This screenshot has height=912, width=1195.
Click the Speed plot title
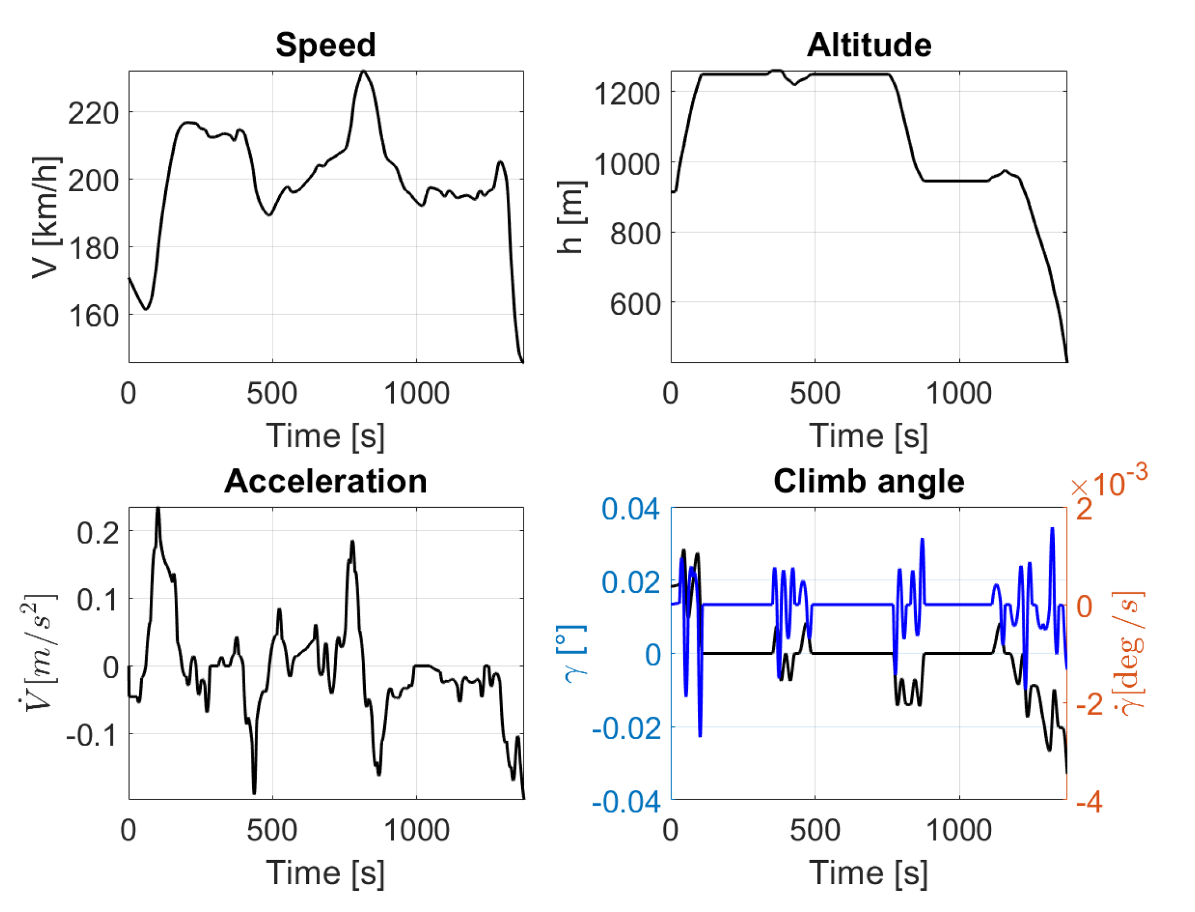pos(325,45)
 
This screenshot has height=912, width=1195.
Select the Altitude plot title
pos(869,45)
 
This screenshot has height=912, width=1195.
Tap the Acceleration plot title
pos(325,481)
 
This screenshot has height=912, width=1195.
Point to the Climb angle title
pos(869,481)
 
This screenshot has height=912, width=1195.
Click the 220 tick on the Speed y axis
pos(93,114)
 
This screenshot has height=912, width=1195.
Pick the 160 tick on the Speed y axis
pos(93,316)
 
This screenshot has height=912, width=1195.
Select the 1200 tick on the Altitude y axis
pos(626,93)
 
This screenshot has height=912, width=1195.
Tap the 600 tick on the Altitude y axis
pos(635,304)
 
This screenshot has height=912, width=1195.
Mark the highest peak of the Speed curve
pos(364,71)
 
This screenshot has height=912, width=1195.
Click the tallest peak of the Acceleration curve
pos(158,509)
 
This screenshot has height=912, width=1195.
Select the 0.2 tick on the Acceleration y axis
pos(98,532)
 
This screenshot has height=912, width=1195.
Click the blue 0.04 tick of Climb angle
pos(630,509)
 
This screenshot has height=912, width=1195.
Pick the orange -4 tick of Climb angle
pos(1089,802)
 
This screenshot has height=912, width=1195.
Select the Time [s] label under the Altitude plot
pos(869,436)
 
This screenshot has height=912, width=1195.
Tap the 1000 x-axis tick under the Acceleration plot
pos(416,830)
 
